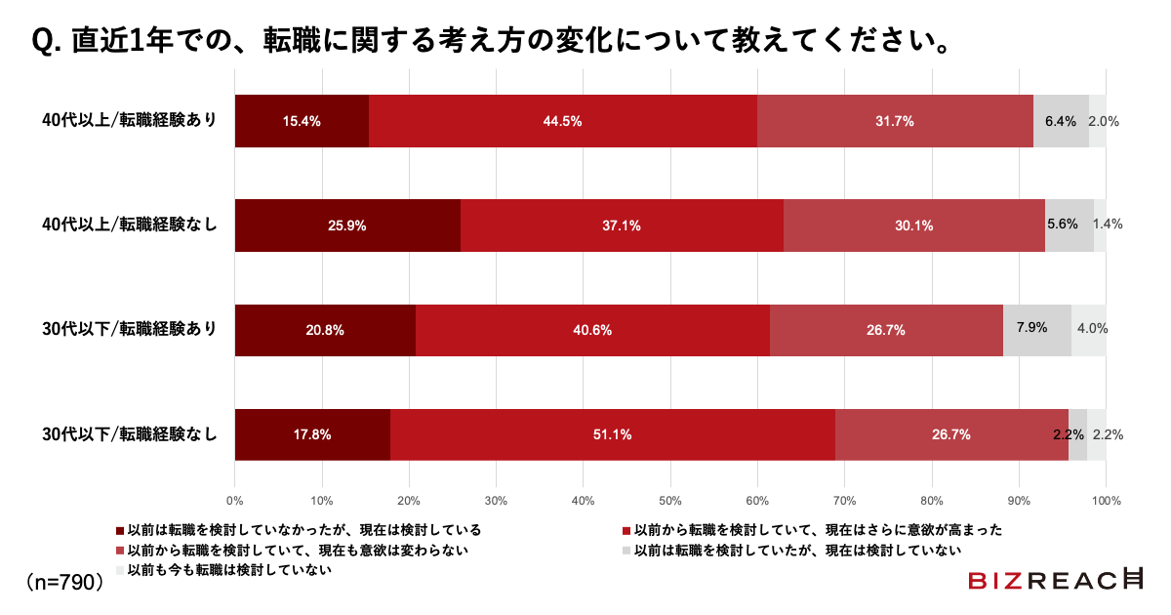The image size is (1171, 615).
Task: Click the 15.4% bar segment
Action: (302, 121)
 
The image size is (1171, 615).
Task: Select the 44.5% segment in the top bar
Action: (563, 121)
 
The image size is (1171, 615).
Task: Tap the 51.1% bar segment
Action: (612, 434)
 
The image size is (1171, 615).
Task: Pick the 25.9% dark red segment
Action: (347, 225)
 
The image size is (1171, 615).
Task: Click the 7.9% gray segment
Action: (1036, 330)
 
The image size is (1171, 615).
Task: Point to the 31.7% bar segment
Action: (895, 121)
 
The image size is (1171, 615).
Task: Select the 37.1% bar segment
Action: (622, 225)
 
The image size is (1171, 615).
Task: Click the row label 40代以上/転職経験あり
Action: (129, 121)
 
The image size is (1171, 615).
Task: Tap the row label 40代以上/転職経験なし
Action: (129, 225)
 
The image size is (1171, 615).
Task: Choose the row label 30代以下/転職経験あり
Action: (129, 330)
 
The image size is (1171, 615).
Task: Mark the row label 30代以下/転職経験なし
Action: (129, 434)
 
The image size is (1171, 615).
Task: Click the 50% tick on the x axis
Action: (670, 501)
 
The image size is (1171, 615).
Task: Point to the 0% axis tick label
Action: (235, 501)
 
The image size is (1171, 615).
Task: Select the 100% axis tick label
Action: (1106, 501)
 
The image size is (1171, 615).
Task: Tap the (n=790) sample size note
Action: (64, 582)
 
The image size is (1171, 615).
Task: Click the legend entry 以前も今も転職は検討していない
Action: (223, 569)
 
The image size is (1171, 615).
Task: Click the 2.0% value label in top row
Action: (1103, 122)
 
